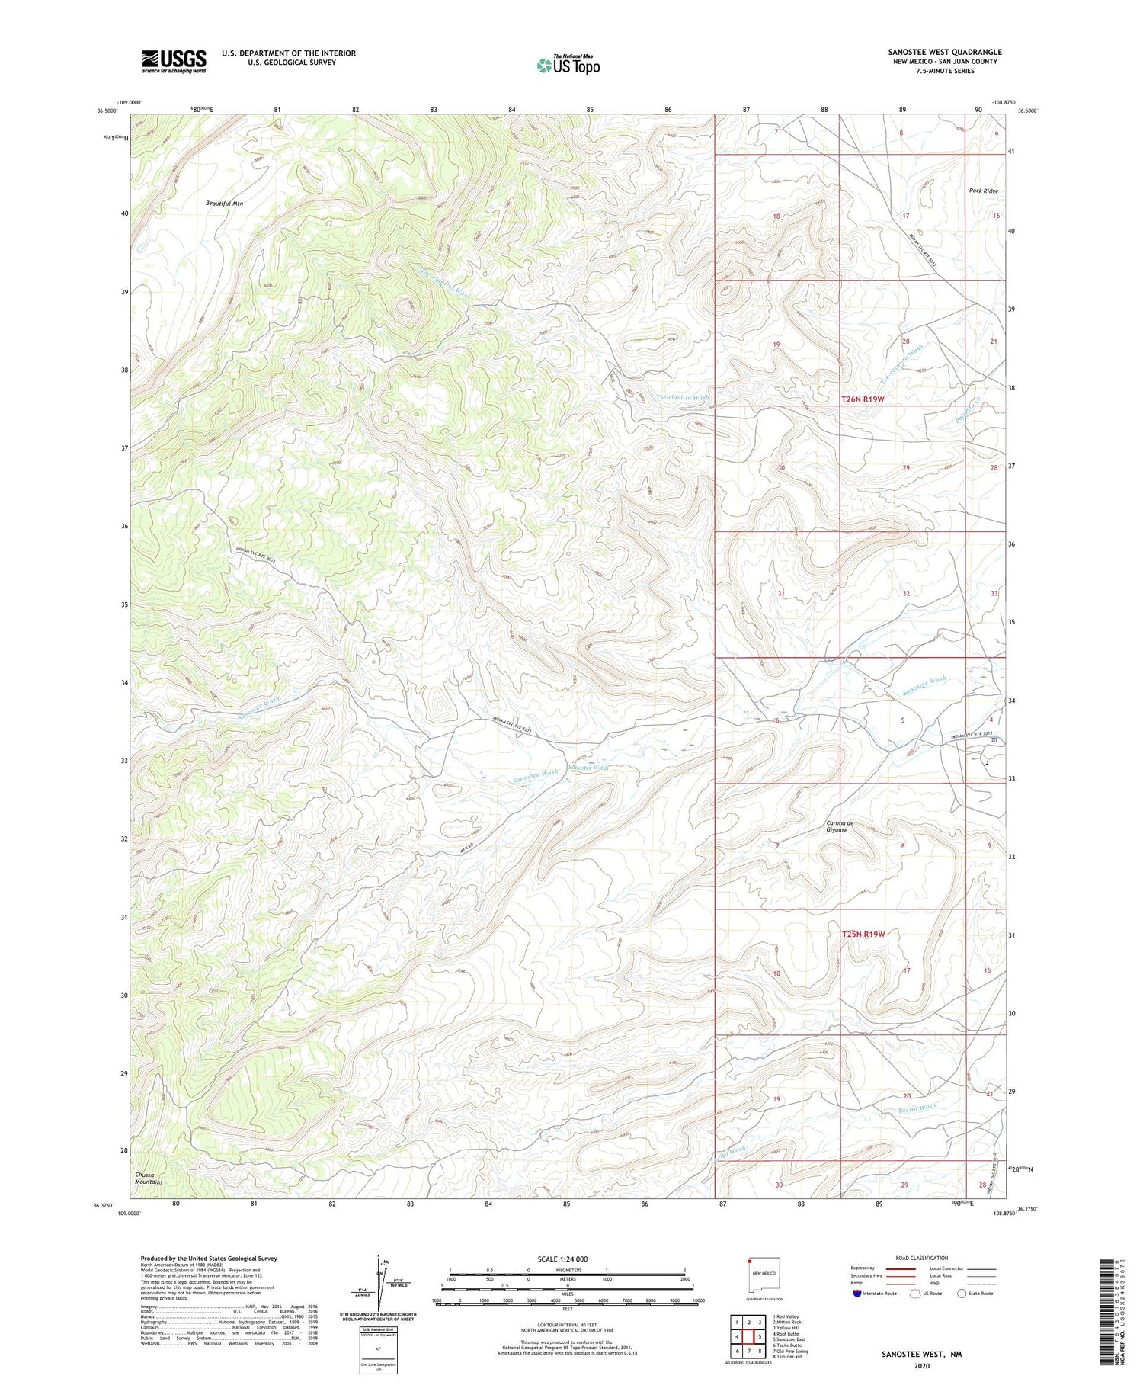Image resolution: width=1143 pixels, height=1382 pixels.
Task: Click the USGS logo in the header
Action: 174,61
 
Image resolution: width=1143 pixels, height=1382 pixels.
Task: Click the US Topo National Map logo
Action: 568,66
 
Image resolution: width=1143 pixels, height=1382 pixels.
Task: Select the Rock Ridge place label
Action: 983,191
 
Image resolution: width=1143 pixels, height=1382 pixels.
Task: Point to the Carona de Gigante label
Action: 837,826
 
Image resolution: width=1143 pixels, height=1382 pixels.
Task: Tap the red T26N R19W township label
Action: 863,399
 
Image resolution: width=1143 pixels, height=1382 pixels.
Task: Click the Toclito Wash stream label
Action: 916,1108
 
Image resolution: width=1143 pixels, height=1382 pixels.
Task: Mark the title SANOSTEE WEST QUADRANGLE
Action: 944,52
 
